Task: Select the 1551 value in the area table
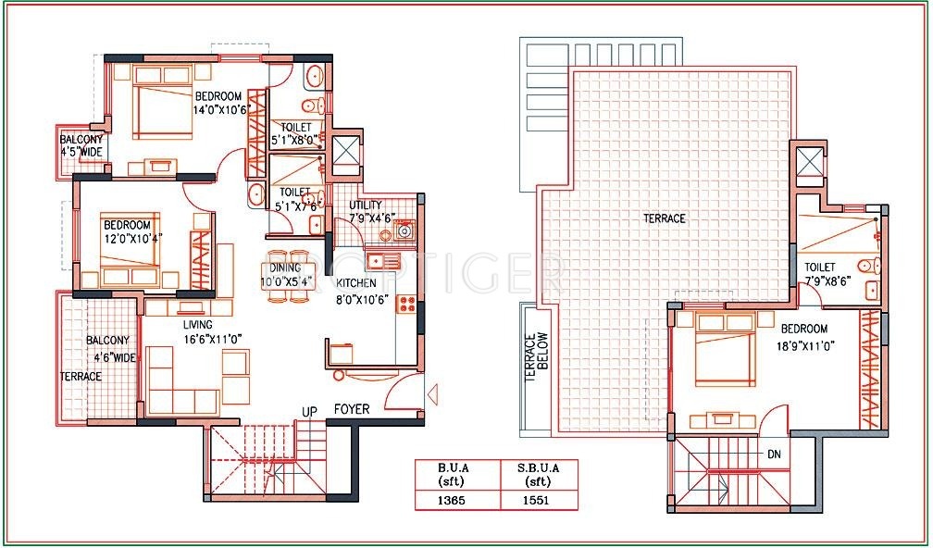coord(537,500)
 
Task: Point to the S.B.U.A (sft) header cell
coord(537,474)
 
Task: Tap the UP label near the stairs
coord(310,410)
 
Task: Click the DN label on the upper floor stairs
coord(774,455)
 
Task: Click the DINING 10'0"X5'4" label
coord(286,273)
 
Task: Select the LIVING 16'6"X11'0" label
coord(198,332)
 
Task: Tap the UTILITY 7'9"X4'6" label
coord(372,212)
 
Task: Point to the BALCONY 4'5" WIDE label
coord(82,145)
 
